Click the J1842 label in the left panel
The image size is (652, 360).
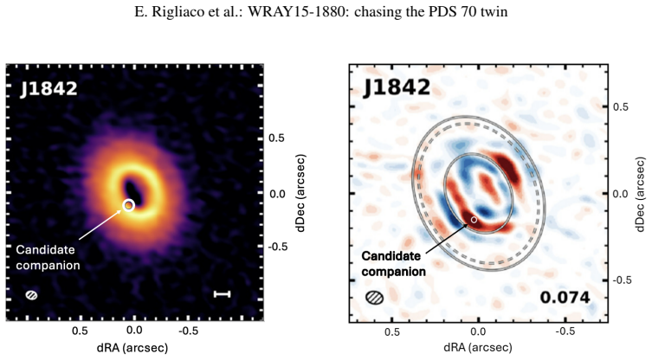coord(48,89)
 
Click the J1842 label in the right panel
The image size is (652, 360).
coord(397,87)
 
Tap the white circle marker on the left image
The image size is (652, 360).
coord(129,205)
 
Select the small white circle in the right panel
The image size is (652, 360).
coord(474,220)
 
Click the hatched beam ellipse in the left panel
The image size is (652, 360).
coord(31,295)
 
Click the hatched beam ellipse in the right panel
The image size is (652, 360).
coord(375,297)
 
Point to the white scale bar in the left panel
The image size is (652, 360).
coord(222,294)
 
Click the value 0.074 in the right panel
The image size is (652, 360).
coord(565,297)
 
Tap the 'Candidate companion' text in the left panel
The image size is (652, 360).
coord(48,257)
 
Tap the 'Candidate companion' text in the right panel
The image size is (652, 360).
coord(393,264)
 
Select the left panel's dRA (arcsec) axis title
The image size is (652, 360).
coord(132,348)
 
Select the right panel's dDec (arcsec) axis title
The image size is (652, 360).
coord(642,194)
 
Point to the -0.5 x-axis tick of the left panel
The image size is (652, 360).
coord(189,331)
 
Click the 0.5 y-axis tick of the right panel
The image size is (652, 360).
coord(621,107)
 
